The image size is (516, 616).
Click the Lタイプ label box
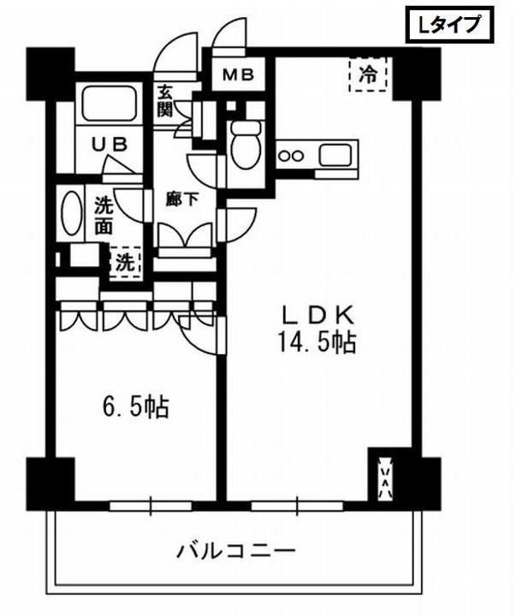pyautogui.click(x=449, y=27)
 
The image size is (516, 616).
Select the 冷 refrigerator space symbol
pyautogui.click(x=368, y=74)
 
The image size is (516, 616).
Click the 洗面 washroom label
pyautogui.click(x=104, y=216)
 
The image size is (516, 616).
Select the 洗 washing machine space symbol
pyautogui.click(x=125, y=262)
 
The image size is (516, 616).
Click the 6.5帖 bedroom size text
pyautogui.click(x=131, y=405)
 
